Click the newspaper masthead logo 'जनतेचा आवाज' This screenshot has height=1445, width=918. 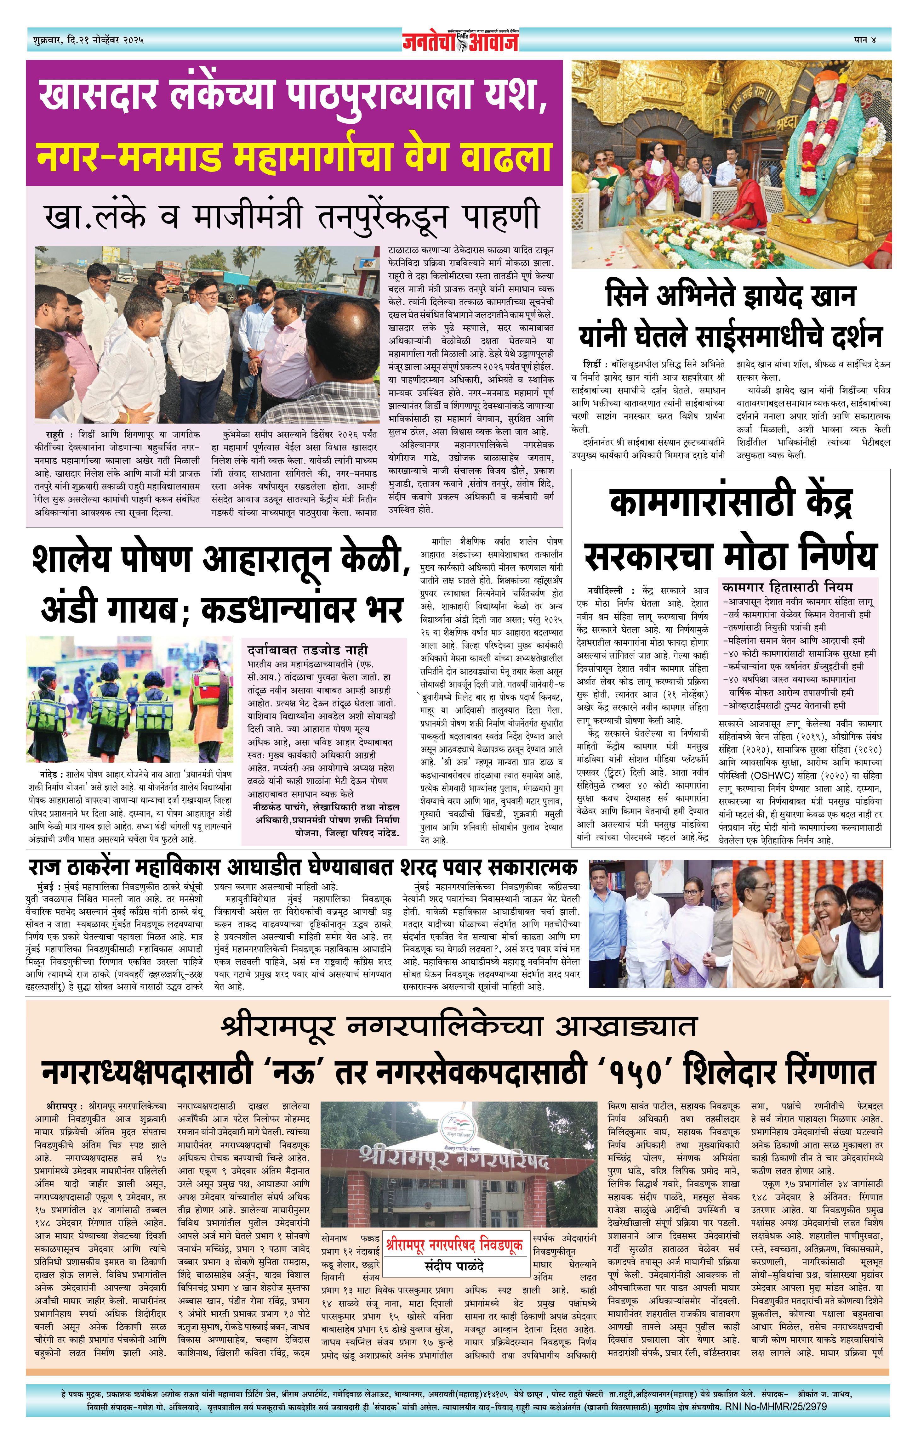tap(460, 41)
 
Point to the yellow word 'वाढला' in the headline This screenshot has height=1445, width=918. tap(503, 155)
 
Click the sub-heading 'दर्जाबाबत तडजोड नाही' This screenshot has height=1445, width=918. tap(307, 650)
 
